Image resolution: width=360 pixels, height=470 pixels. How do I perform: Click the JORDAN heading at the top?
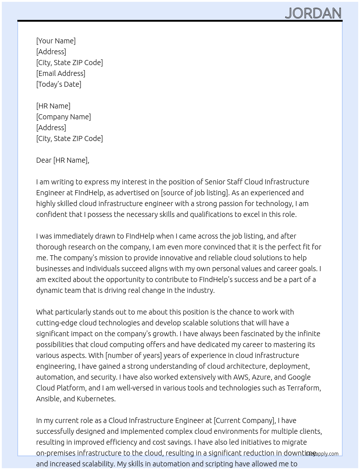pyautogui.click(x=313, y=13)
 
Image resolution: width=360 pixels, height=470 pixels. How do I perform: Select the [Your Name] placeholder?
pyautogui.click(x=56, y=41)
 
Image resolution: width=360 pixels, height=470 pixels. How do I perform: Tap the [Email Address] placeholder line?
pyautogui.click(x=61, y=73)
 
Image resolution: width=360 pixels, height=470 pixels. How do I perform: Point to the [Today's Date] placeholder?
pyautogui.click(x=59, y=84)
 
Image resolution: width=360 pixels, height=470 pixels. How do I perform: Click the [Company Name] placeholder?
pyautogui.click(x=64, y=117)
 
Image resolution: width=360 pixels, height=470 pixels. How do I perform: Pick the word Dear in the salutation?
pyautogui.click(x=44, y=160)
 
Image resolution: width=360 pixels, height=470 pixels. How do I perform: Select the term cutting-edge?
pyautogui.click(x=56, y=323)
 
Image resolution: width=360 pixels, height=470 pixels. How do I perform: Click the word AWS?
pyautogui.click(x=241, y=377)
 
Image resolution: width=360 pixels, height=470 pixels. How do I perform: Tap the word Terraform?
pyautogui.click(x=303, y=388)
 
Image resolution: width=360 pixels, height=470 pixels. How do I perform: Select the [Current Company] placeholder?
pyautogui.click(x=244, y=420)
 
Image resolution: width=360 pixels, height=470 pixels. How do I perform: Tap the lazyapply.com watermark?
pyautogui.click(x=322, y=454)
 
